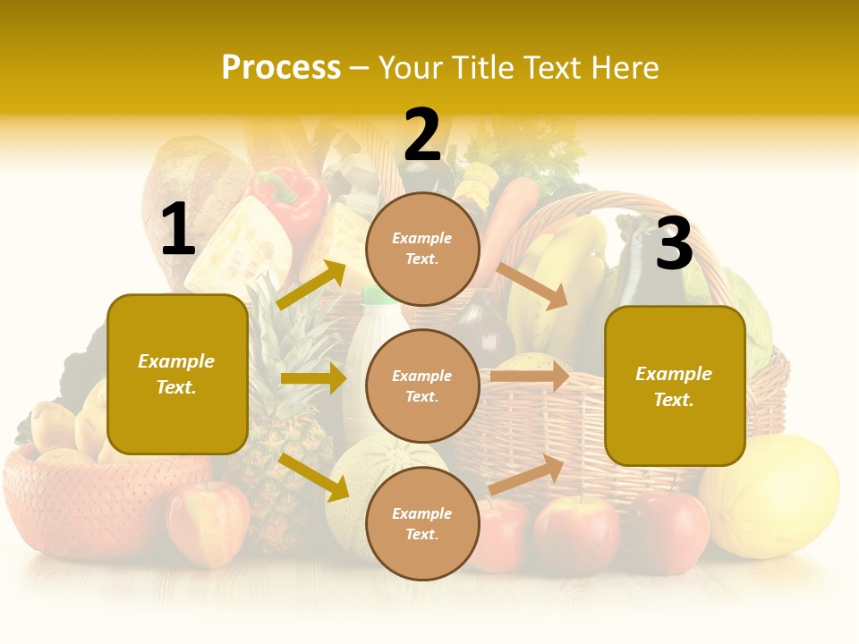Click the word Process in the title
(281, 68)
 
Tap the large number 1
(177, 230)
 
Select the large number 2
(422, 135)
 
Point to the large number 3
(674, 244)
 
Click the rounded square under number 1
(177, 374)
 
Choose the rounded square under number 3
(675, 386)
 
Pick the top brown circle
(422, 249)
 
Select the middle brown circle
(422, 386)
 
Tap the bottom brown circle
(422, 523)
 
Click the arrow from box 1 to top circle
(311, 285)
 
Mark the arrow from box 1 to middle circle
(312, 378)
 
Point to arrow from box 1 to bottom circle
(314, 477)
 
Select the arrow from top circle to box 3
(533, 285)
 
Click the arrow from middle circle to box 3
(529, 376)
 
